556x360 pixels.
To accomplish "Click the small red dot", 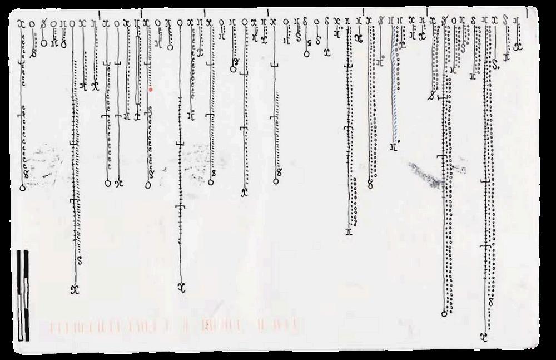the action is (x=150, y=88).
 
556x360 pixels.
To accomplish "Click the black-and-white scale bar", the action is (x=23, y=295).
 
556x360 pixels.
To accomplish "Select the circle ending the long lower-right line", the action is (x=444, y=314).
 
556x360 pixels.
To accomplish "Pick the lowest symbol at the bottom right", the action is (x=484, y=336).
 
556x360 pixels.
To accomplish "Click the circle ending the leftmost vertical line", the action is (x=22, y=188).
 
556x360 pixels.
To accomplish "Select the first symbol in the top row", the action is (x=22, y=23).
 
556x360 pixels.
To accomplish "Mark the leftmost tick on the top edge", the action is (x=98, y=13).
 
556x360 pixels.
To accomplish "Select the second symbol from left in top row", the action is (x=32, y=23).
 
